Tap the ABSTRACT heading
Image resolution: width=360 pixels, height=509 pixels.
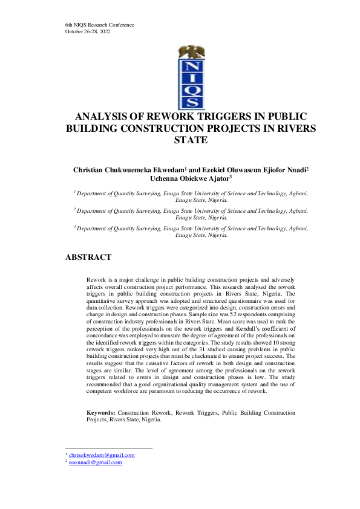[88, 258]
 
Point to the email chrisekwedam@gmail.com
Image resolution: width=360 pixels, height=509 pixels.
[102, 455]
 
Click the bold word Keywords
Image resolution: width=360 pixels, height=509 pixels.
[100, 412]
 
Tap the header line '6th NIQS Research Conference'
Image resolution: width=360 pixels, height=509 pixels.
[99, 25]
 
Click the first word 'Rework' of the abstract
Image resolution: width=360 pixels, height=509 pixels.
[96, 281]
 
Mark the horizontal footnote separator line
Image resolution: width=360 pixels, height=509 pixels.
[108, 449]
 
